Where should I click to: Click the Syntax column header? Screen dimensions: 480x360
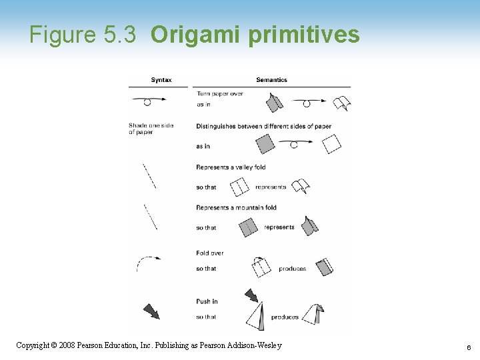coord(161,80)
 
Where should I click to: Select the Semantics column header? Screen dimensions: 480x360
coord(271,80)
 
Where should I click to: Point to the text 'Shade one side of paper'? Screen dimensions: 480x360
coord(150,129)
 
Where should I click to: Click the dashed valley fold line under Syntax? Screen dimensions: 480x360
coord(149,176)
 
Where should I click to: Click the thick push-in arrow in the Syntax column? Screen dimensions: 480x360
coord(151,311)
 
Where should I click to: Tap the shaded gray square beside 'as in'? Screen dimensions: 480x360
coord(265,144)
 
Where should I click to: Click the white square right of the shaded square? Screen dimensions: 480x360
coord(331,144)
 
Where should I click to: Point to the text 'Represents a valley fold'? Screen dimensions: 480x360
coord(231,167)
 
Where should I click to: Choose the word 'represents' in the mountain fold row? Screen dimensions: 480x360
coord(279,227)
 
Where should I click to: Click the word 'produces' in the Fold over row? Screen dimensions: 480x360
coord(293,269)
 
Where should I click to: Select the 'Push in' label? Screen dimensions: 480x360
coord(207,301)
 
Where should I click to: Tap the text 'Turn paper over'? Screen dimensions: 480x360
coord(219,93)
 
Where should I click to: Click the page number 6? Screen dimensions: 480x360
coord(469,347)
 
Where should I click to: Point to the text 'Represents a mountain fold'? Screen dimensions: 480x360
coord(236,207)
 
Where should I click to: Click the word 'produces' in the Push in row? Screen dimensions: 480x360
coord(285,317)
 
